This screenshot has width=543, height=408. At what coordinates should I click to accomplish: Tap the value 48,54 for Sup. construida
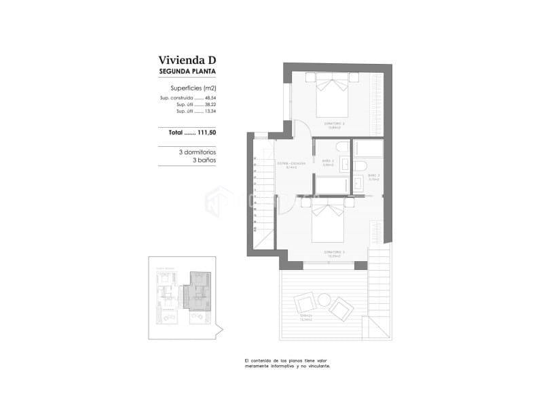(x=210, y=98)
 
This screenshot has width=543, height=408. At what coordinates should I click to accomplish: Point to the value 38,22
(x=210, y=105)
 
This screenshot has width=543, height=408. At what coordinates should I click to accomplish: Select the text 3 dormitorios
(x=198, y=152)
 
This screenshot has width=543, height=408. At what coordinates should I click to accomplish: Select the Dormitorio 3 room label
(x=334, y=252)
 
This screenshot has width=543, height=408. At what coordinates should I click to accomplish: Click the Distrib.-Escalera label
(x=291, y=164)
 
